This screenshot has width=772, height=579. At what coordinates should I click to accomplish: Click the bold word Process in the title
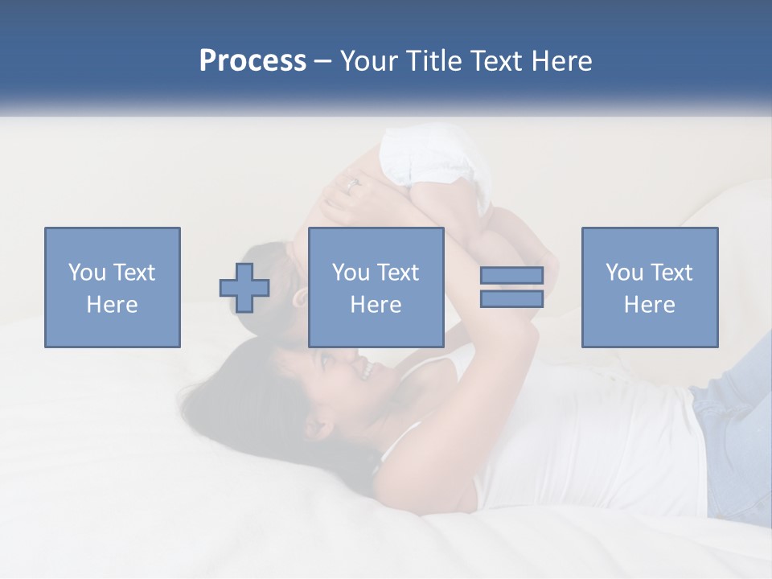(x=253, y=61)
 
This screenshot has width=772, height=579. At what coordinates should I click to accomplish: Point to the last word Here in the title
(x=563, y=61)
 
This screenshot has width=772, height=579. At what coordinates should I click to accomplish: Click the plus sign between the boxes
(x=244, y=288)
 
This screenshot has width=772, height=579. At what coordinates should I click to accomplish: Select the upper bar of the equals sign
(x=511, y=275)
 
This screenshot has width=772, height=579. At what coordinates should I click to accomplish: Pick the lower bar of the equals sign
(x=511, y=299)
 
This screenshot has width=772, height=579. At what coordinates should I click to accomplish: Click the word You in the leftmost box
(x=87, y=273)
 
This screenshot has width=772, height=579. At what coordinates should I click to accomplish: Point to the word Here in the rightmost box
(x=650, y=305)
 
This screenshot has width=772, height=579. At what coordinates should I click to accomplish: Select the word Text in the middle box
(x=399, y=273)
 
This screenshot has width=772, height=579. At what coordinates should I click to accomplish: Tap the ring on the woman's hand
(x=351, y=183)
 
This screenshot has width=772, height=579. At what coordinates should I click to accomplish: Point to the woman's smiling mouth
(x=364, y=370)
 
